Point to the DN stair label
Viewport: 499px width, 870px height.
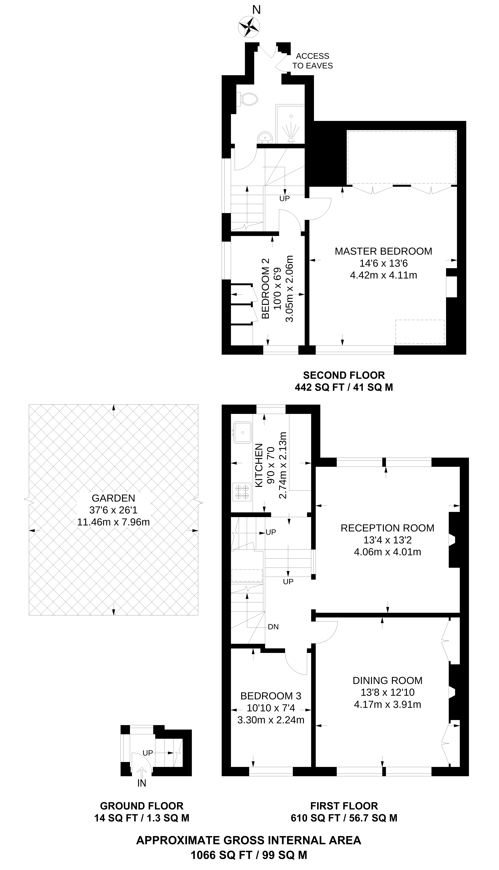click(273, 627)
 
